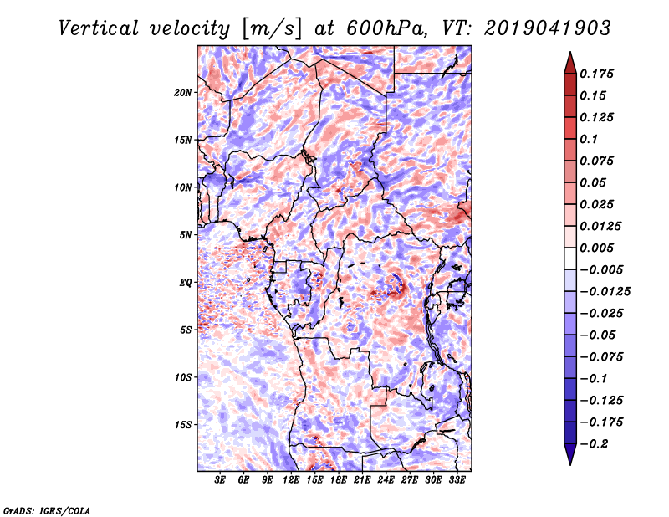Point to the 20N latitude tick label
click(183, 92)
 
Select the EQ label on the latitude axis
click(186, 282)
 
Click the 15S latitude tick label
click(183, 424)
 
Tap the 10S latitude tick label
click(183, 376)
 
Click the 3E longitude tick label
click(221, 480)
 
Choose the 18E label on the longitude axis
click(339, 480)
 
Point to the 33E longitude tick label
click(457, 480)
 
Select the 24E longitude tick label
click(386, 480)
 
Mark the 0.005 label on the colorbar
click(600, 248)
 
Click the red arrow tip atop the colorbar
click(569, 59)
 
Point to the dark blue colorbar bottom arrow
click(569, 457)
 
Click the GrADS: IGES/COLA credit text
click(46, 509)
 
